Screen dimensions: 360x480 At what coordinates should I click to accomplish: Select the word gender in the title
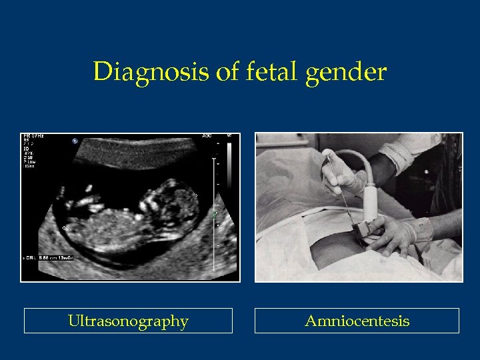click(346, 72)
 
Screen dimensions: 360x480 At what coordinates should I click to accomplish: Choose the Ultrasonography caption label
click(128, 321)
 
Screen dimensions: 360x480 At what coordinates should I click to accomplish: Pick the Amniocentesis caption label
click(357, 321)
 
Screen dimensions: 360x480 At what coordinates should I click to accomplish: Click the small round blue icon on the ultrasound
click(75, 141)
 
